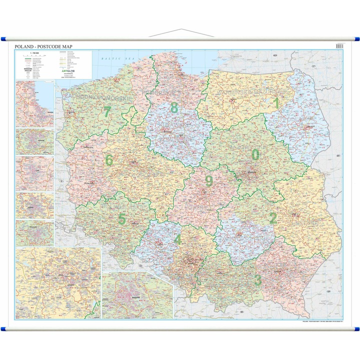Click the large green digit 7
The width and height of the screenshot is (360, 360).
pyautogui.click(x=107, y=112)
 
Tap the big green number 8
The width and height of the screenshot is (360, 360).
pyautogui.click(x=174, y=107)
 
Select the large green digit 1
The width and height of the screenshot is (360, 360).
pyautogui.click(x=275, y=103)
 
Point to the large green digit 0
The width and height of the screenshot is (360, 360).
pyautogui.click(x=255, y=154)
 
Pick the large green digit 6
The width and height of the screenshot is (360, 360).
pyautogui.click(x=109, y=159)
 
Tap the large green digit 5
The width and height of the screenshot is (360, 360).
pyautogui.click(x=122, y=219)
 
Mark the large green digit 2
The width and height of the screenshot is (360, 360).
pyautogui.click(x=273, y=218)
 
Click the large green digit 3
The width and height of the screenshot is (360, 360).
pyautogui.click(x=258, y=280)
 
